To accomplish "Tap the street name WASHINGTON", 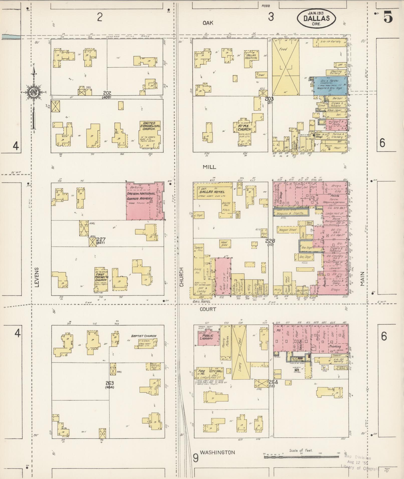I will point(218,452).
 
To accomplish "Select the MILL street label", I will point(209,167).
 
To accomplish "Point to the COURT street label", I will point(208,309).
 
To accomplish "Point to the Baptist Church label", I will point(144,336).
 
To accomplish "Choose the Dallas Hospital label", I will point(252,56).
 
